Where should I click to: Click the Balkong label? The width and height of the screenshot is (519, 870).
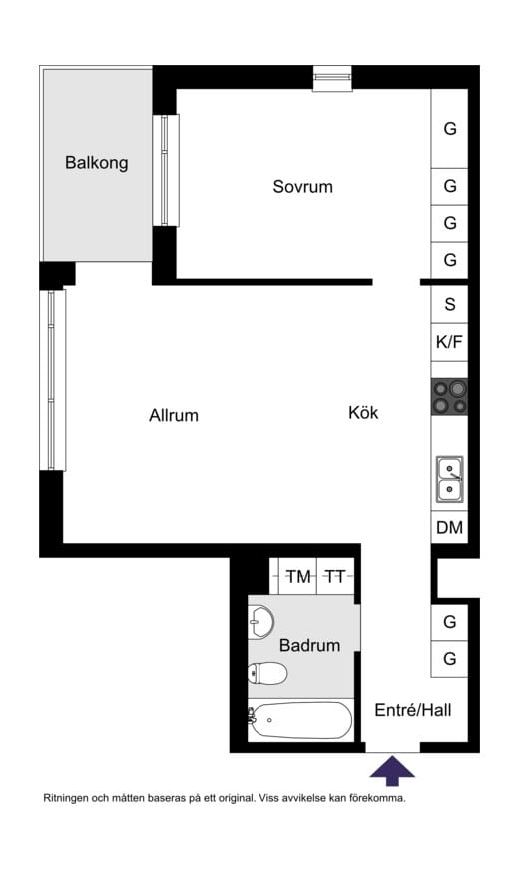pos(97,163)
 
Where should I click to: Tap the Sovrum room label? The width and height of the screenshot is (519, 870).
pos(302,187)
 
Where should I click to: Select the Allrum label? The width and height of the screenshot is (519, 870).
pos(174,416)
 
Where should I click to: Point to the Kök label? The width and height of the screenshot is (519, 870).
pos(363,413)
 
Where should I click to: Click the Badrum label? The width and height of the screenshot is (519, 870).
pos(310,645)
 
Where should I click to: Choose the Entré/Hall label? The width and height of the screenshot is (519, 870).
pos(413,710)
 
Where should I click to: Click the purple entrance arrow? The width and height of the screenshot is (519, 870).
pos(392,771)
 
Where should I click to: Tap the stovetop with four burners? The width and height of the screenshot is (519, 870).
pos(450,397)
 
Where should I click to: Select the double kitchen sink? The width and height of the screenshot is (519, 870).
pos(450,479)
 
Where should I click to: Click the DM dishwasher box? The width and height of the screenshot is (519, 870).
pos(450,527)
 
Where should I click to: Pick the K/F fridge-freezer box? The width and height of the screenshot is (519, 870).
pos(450,342)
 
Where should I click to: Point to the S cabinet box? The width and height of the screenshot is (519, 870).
pos(450,304)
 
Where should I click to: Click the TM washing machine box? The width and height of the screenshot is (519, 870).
pos(298,577)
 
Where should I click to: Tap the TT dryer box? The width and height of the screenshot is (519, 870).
pos(335,577)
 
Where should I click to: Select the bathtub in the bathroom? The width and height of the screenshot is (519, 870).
pos(300,720)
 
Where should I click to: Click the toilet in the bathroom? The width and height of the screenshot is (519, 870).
pos(267,673)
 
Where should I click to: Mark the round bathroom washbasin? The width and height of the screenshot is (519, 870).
pos(260,622)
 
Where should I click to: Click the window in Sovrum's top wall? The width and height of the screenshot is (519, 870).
pos(332,78)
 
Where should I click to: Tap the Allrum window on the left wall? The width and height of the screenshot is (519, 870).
pos(53,381)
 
